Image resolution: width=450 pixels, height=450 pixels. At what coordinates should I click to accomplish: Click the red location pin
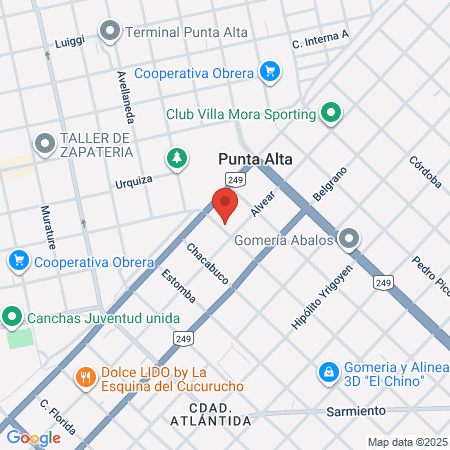click(225, 204)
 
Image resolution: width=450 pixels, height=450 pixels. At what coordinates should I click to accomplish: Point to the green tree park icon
click(177, 158)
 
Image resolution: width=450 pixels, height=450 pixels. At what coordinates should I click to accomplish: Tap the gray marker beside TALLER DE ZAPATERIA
click(44, 144)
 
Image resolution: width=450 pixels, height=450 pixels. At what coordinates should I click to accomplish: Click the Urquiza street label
click(134, 181)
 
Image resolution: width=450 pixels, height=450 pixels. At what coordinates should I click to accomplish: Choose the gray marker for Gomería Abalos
click(348, 239)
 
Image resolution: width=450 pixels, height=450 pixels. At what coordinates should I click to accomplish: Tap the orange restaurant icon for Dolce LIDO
click(85, 377)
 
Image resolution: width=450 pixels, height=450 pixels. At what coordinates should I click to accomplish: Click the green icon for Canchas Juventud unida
click(12, 319)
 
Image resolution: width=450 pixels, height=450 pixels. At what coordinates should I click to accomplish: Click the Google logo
click(33, 437)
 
